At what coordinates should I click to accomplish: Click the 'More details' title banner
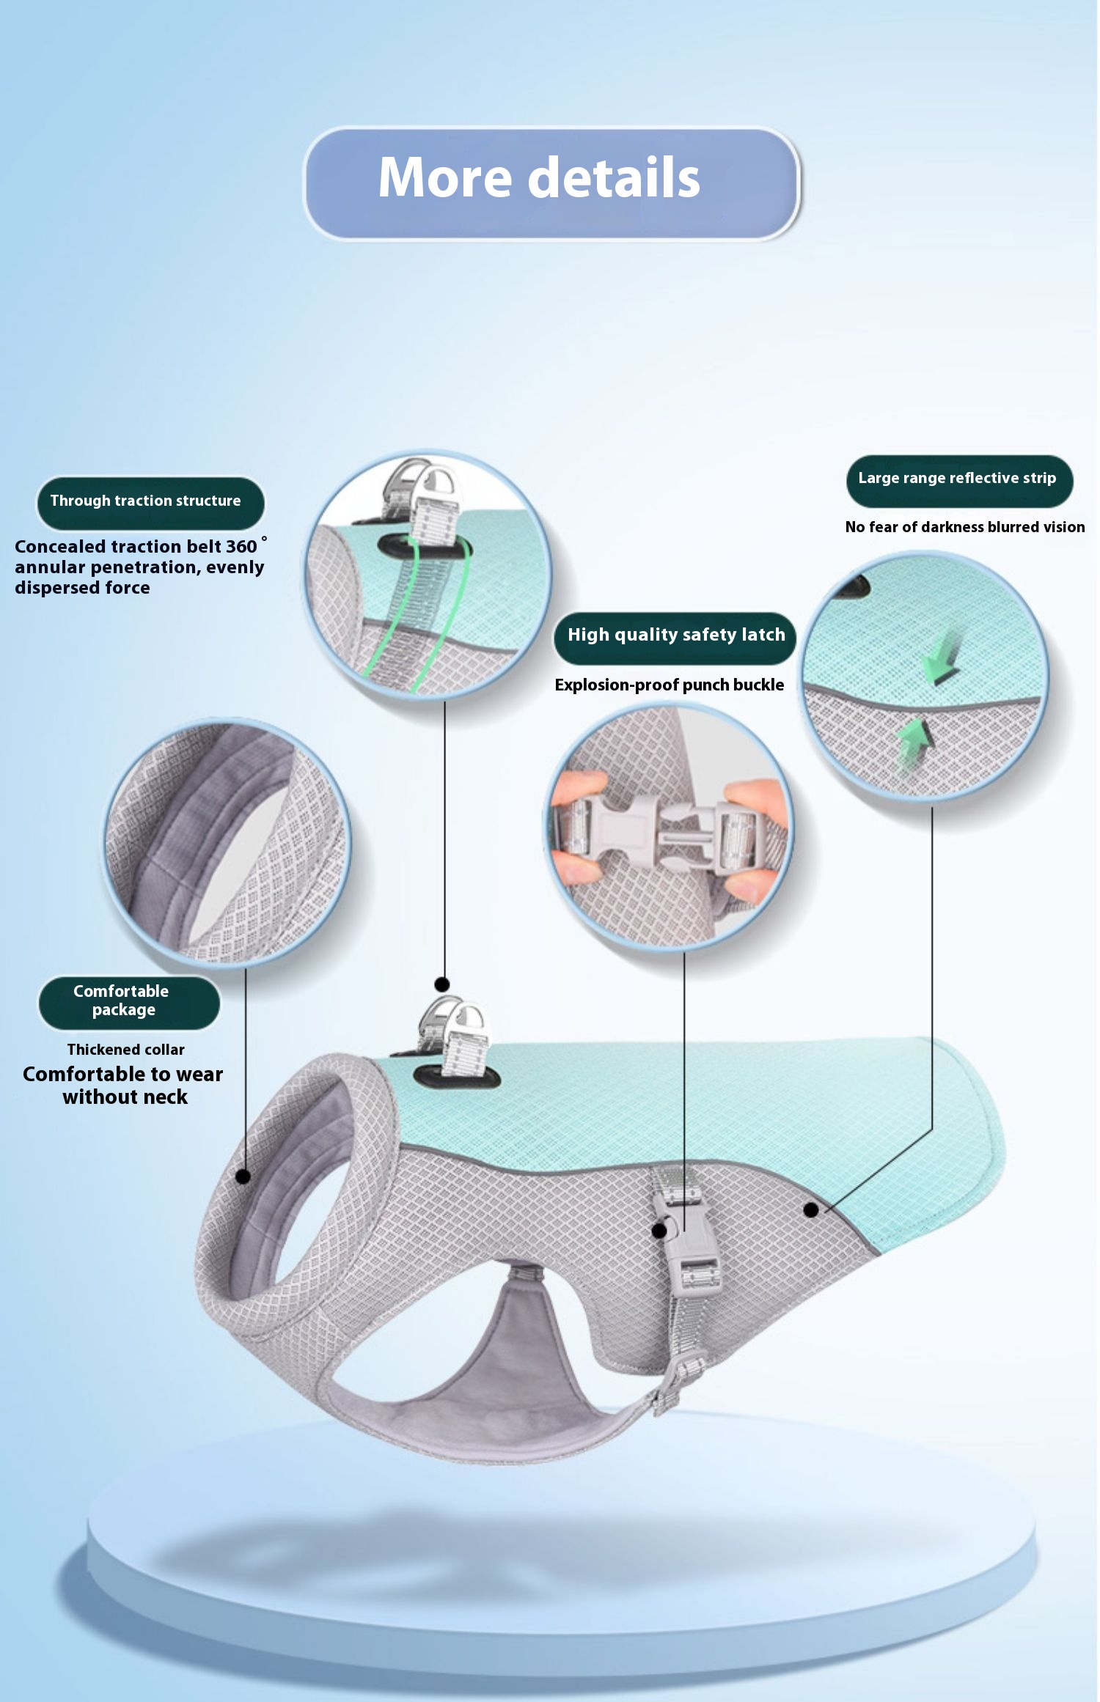point(551,183)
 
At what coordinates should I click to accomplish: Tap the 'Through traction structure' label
point(150,503)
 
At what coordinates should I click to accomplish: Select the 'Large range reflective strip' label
point(959,480)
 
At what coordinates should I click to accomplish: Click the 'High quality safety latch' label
point(675,637)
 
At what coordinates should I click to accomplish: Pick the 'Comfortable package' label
point(129,1002)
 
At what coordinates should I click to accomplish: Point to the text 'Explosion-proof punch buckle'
point(669,685)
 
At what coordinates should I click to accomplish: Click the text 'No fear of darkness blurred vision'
point(964,527)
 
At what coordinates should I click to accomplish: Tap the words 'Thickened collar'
point(125,1050)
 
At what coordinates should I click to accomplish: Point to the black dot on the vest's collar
point(243,1176)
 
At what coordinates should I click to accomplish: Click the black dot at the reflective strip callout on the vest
point(810,1209)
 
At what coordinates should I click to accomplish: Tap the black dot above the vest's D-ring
point(441,984)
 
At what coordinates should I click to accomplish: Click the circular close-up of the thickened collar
point(227,843)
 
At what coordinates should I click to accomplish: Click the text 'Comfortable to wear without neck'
point(123,1086)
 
